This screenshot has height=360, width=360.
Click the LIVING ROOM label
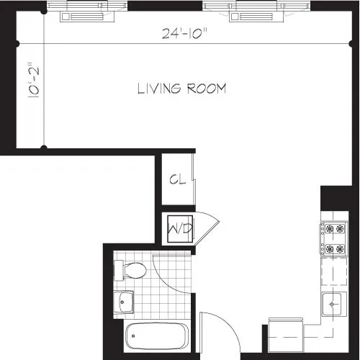pyautogui.click(x=182, y=89)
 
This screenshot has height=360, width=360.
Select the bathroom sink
pyautogui.click(x=125, y=302)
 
